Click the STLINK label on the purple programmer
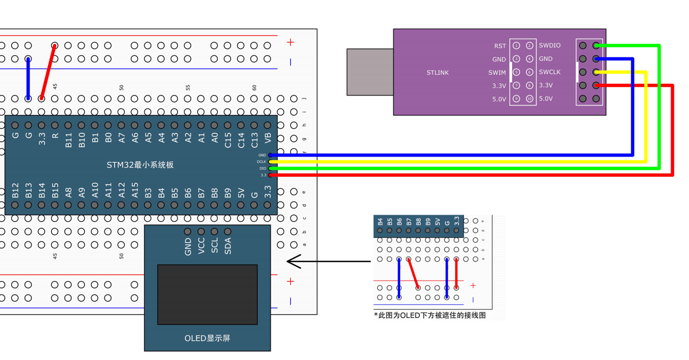[437, 73]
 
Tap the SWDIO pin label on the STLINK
[550, 46]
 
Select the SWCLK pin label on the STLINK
[550, 72]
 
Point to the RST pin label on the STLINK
[500, 46]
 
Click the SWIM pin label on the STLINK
[497, 73]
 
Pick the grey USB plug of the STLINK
[370, 72]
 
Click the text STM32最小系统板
[140, 165]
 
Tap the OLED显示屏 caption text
[207, 339]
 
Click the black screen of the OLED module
[207, 294]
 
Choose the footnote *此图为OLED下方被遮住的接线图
[430, 316]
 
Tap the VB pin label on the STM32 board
[268, 138]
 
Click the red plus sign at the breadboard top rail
[290, 42]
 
